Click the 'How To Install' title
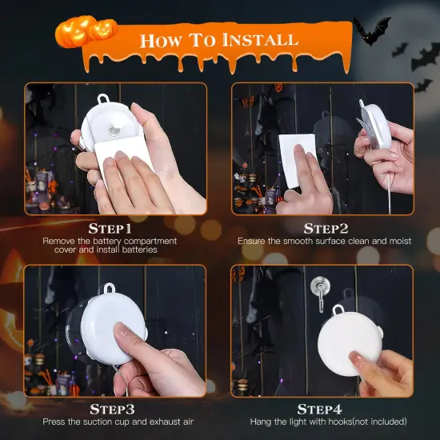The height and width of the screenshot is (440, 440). tap(219, 39)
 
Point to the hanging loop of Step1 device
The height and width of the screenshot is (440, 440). tap(102, 100)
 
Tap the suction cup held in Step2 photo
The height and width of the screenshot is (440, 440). tap(373, 128)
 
